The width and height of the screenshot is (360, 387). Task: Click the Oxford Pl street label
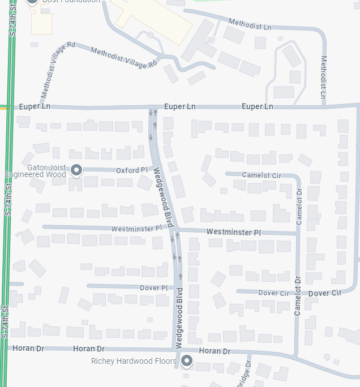(131, 170)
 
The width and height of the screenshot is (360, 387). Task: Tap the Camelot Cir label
(262, 175)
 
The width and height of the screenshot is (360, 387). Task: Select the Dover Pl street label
(153, 288)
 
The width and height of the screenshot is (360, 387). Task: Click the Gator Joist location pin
(76, 170)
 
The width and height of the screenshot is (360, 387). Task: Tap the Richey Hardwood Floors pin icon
(186, 360)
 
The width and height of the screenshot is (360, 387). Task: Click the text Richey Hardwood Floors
(134, 361)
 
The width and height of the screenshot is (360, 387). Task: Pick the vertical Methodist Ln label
(324, 77)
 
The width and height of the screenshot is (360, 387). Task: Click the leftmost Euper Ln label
(35, 106)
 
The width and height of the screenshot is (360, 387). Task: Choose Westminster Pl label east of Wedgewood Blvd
(233, 233)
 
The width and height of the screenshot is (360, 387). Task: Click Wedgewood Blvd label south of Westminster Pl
(179, 318)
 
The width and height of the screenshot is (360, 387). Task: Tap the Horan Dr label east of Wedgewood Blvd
(215, 351)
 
